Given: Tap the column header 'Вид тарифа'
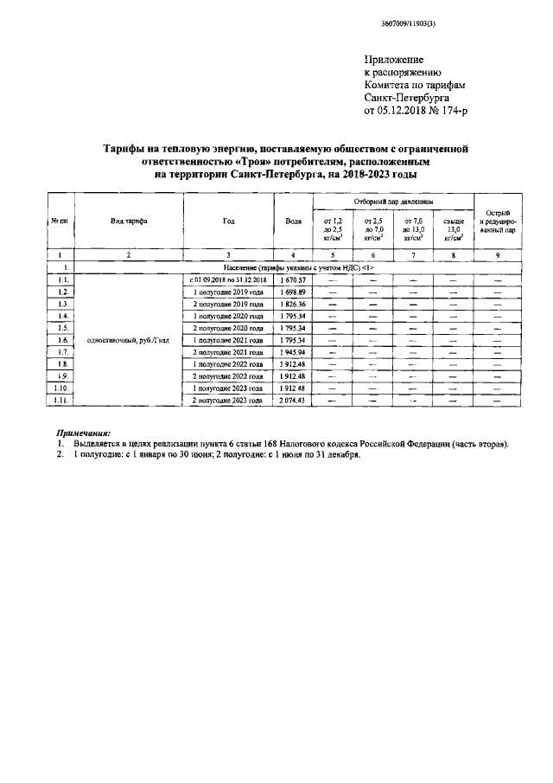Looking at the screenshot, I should point(129,221).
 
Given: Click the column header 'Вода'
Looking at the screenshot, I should point(293,221).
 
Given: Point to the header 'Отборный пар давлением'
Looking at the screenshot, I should point(394,202).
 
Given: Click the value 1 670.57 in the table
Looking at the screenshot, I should point(293,280).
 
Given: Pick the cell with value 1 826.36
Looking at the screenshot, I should point(293,305).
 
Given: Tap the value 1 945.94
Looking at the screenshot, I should point(293,352).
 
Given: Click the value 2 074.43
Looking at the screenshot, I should point(293,401).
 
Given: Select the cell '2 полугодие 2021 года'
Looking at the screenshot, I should point(227,352).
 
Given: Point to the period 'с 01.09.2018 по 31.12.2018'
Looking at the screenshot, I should point(227,280).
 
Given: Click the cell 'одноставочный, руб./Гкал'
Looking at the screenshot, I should point(129,340).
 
